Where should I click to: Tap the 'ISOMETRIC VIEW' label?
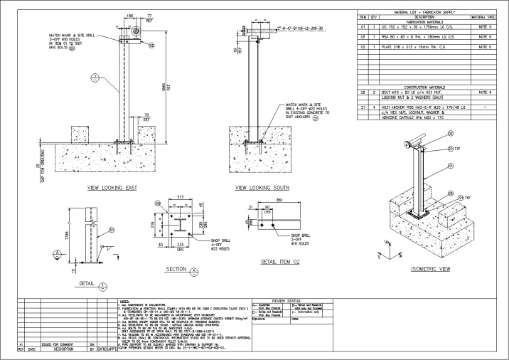click(431, 269)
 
